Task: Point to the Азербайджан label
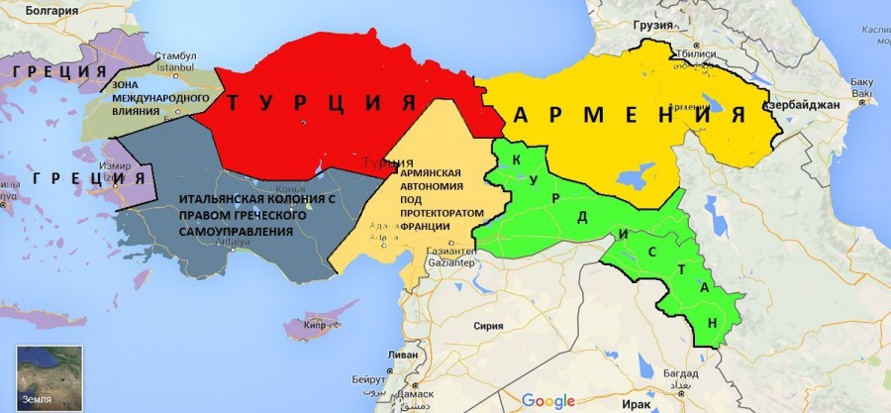click(x=801, y=104)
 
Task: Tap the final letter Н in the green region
click(x=713, y=324)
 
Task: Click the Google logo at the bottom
click(x=547, y=400)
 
